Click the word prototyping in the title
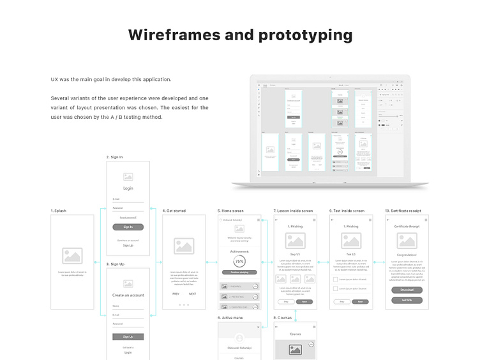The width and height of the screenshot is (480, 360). click(305, 36)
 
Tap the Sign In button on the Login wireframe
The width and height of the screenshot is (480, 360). click(128, 227)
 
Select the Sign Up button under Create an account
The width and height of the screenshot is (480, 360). click(128, 336)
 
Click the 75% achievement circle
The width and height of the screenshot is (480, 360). click(239, 262)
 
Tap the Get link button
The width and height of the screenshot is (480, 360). click(407, 300)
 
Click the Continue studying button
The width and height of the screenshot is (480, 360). click(239, 272)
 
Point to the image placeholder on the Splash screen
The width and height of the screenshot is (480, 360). click(72, 256)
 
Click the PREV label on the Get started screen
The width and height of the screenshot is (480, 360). click(176, 294)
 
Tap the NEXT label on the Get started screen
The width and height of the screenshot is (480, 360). click(192, 294)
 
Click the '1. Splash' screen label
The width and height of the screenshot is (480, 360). click(58, 211)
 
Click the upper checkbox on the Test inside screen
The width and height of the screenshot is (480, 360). click(336, 280)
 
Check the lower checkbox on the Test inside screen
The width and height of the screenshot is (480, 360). click(336, 289)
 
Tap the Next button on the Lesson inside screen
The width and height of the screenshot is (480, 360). click(304, 301)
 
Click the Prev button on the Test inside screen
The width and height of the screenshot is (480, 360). click(342, 301)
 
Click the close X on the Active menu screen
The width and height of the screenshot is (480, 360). click(258, 326)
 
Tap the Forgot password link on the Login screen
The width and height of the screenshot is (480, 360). click(128, 218)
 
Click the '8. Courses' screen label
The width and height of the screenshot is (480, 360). click(283, 317)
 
